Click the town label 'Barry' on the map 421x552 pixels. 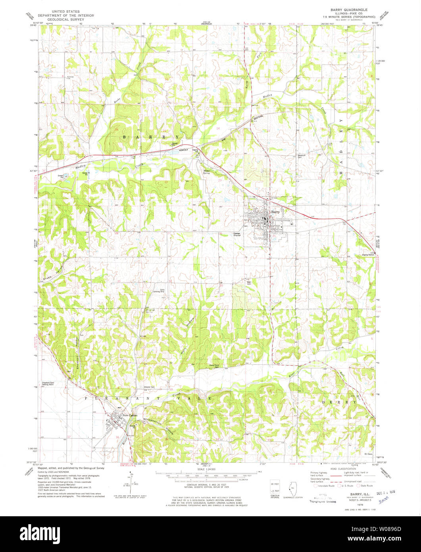(276, 212)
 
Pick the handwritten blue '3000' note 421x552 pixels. (383, 501)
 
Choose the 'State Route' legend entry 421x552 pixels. (366, 485)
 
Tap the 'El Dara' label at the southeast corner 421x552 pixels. (369, 453)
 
